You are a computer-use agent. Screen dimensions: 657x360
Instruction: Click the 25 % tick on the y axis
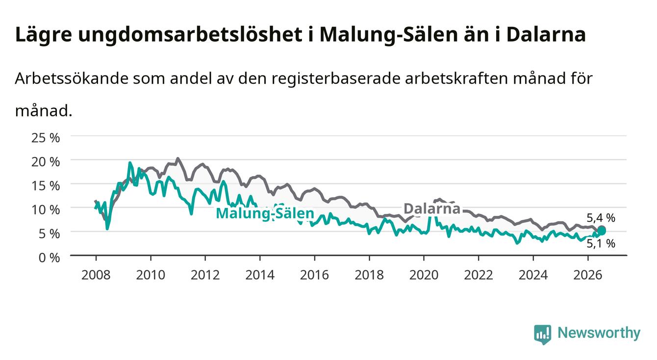pyautogui.click(x=46, y=138)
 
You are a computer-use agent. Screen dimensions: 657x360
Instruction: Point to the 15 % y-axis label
pyautogui.click(x=46, y=186)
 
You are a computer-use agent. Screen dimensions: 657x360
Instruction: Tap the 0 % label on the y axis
pyautogui.click(x=49, y=257)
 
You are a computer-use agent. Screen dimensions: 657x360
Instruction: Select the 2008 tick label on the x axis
pyautogui.click(x=96, y=275)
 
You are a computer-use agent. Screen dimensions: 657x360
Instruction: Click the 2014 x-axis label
pyautogui.click(x=260, y=275)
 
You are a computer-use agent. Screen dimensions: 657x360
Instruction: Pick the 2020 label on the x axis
pyautogui.click(x=424, y=275)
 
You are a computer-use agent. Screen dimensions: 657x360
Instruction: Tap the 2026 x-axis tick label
pyautogui.click(x=588, y=275)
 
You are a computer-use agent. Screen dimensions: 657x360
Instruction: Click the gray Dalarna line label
pyautogui.click(x=432, y=208)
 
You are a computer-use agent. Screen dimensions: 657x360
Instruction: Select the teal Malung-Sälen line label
pyautogui.click(x=265, y=213)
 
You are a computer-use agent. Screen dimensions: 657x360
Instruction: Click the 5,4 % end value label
pyautogui.click(x=601, y=218)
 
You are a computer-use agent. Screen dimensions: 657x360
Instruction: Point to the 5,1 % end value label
pyautogui.click(x=601, y=243)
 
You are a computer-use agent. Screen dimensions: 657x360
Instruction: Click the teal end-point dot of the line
pyautogui.click(x=602, y=231)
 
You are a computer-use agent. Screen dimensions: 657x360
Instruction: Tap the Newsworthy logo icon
pyautogui.click(x=543, y=334)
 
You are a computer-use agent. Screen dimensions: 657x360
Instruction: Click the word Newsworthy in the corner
pyautogui.click(x=599, y=333)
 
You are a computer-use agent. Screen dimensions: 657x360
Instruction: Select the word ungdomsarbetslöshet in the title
pyautogui.click(x=190, y=35)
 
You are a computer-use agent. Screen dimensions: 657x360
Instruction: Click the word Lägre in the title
pyautogui.click(x=44, y=35)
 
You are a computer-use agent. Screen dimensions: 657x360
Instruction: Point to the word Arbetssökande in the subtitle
pyautogui.click(x=72, y=78)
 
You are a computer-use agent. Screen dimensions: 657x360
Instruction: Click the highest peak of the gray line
pyautogui.click(x=177, y=158)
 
